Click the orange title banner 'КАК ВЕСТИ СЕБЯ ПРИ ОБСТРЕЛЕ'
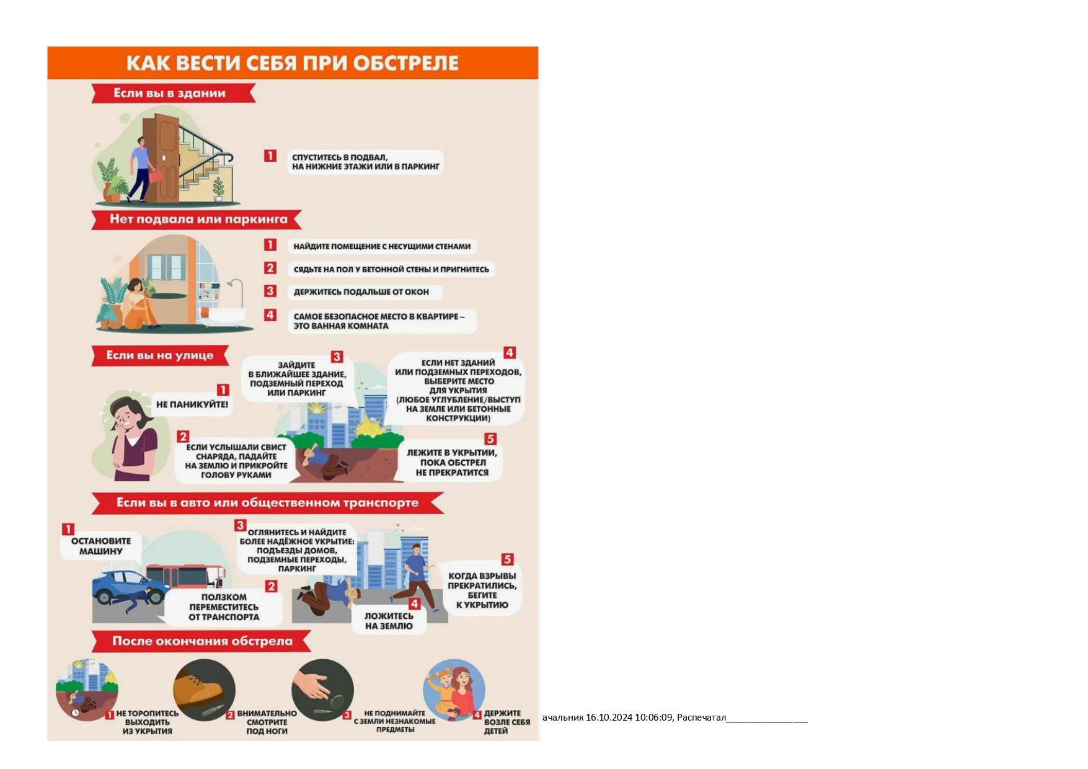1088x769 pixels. tap(293, 63)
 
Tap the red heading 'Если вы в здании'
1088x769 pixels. tap(174, 94)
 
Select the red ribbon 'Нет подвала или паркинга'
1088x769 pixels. tap(197, 220)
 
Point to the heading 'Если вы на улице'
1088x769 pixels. tap(160, 355)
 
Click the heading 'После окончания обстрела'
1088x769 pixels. tap(201, 641)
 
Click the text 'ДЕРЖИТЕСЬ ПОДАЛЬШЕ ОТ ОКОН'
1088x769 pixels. tap(361, 292)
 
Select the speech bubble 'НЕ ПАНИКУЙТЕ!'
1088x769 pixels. tap(192, 404)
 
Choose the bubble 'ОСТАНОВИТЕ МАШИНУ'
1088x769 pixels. tap(101, 546)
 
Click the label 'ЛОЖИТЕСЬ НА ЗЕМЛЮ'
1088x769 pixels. tap(389, 621)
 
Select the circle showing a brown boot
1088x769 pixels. tap(204, 690)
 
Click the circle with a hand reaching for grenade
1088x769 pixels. tap(322, 690)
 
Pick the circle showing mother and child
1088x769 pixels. tap(454, 690)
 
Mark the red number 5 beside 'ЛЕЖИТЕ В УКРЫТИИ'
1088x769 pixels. tap(490, 439)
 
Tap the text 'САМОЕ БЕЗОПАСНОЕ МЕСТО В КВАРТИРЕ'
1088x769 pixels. tap(376, 316)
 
